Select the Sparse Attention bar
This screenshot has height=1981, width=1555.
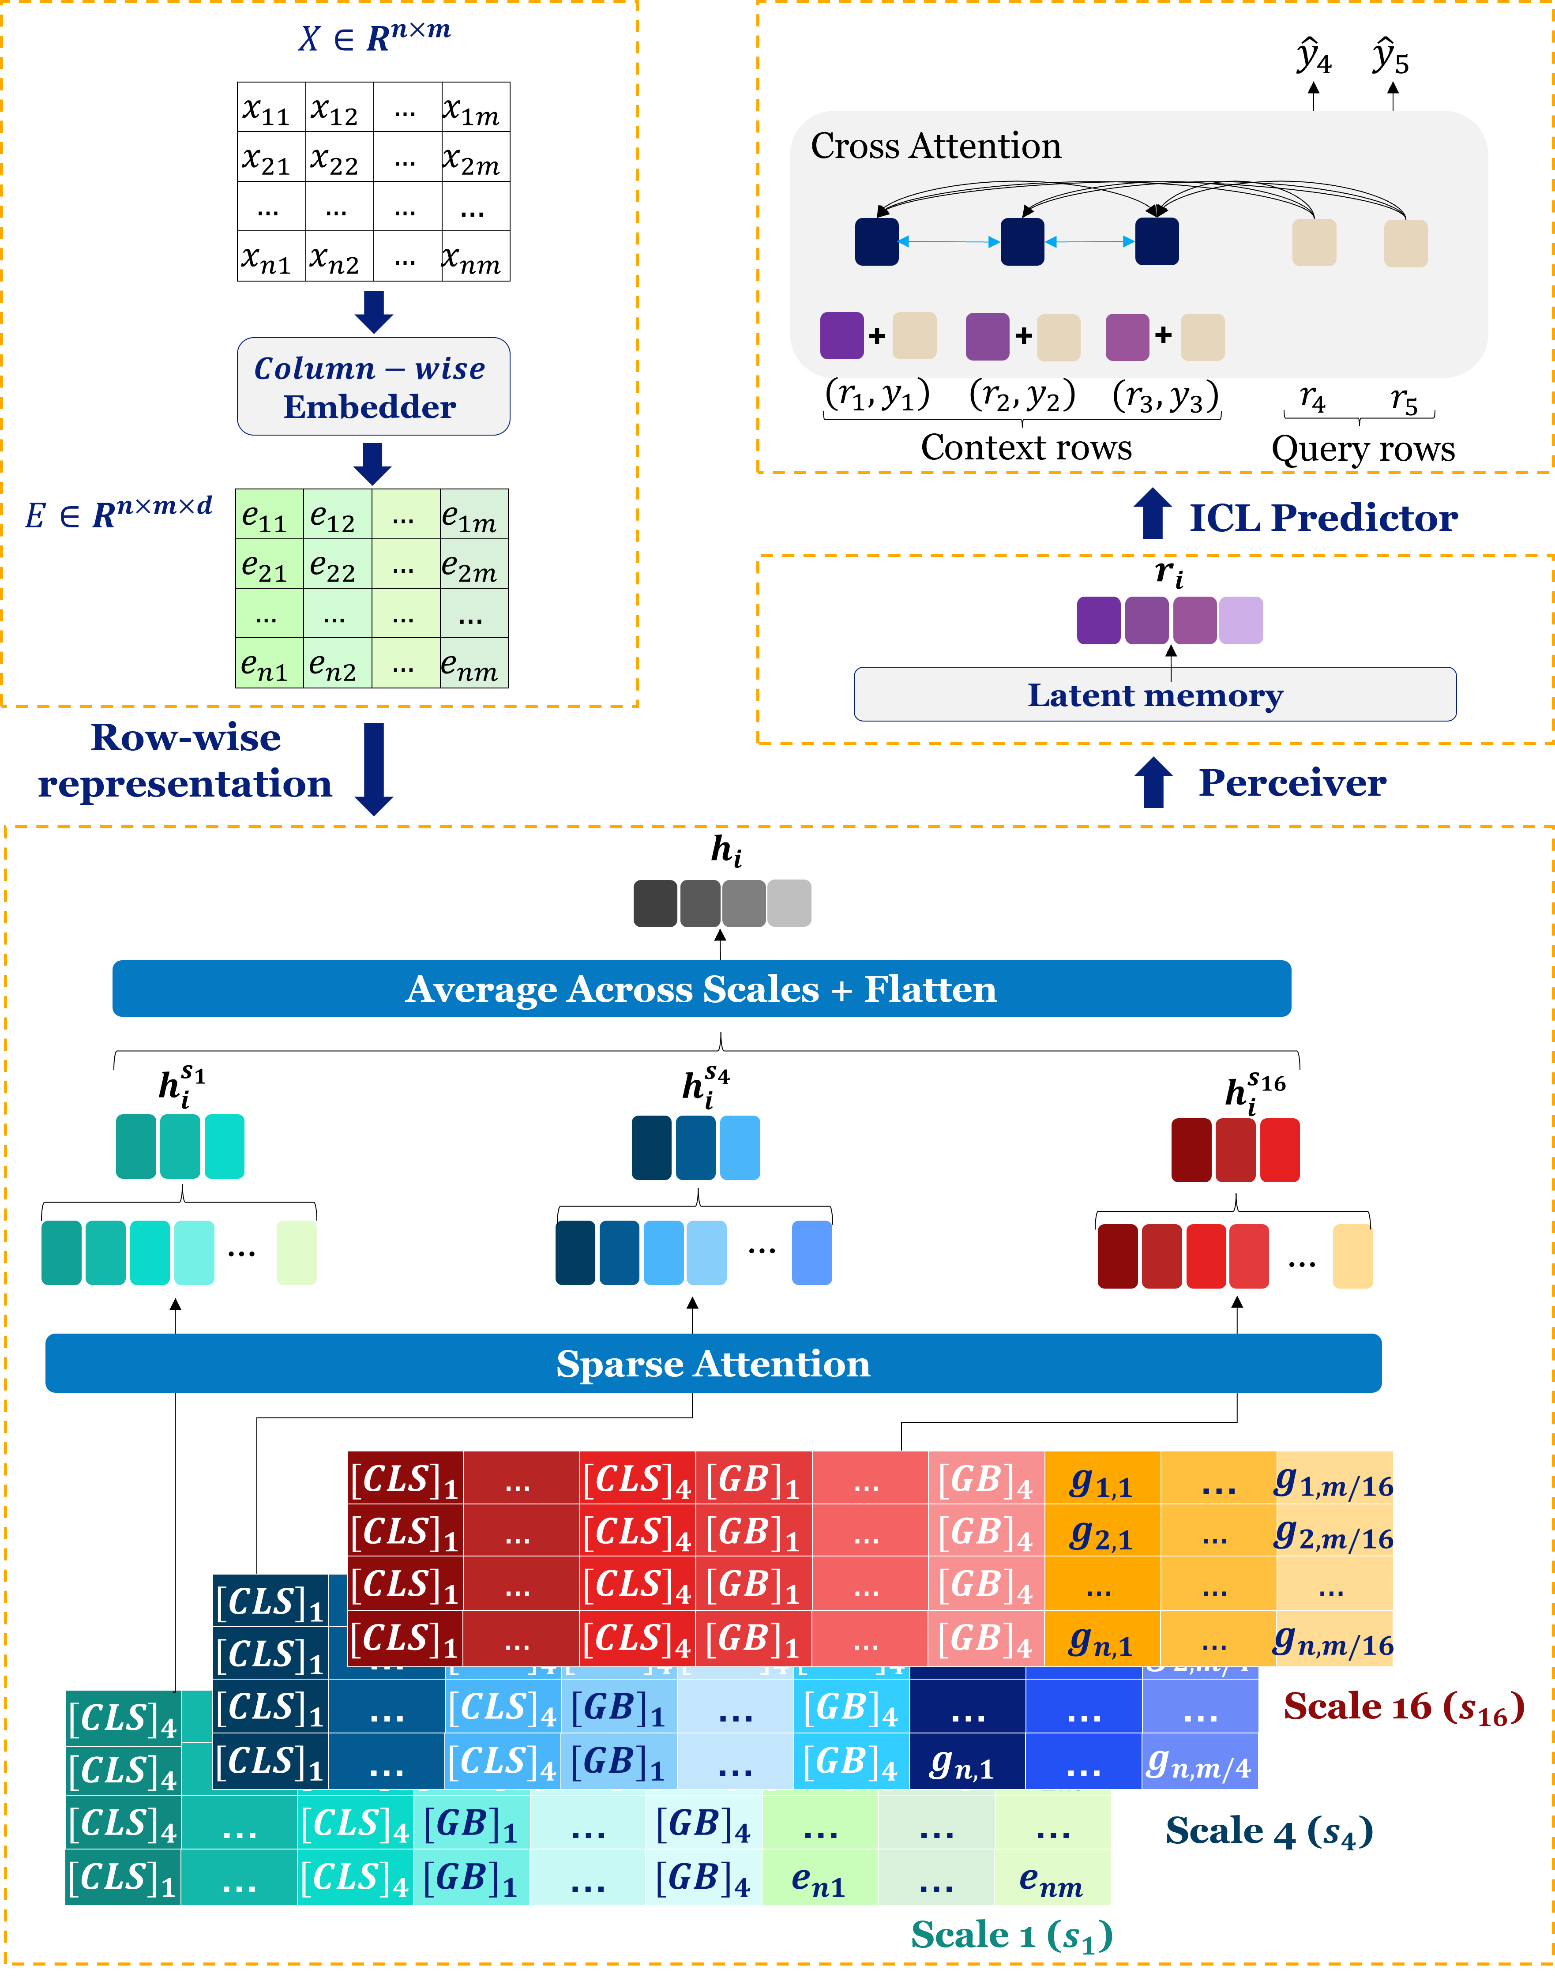click(x=713, y=1363)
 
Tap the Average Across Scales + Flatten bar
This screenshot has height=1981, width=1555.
click(x=701, y=989)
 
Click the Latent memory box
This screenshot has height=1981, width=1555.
click(x=1154, y=695)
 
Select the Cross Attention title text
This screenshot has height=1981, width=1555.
click(x=936, y=146)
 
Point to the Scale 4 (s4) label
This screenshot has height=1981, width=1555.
click(x=1268, y=1831)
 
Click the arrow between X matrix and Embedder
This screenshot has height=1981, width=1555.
click(x=373, y=312)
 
